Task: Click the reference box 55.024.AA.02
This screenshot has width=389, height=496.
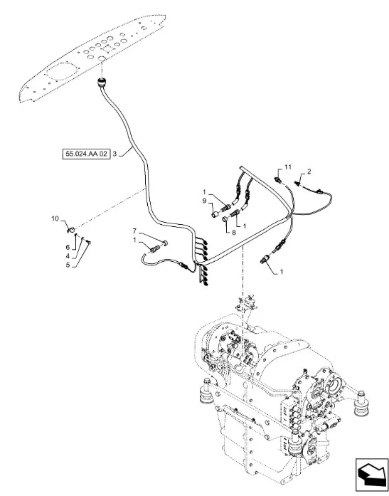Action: tap(86, 154)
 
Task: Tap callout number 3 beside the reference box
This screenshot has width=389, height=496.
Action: tap(114, 154)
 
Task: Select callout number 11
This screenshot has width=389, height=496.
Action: tap(287, 167)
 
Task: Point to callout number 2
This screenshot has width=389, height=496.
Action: tap(309, 171)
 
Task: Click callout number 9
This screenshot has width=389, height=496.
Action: tap(204, 201)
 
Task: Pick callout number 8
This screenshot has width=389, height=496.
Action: tap(234, 233)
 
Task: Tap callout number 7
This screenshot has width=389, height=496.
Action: tap(134, 231)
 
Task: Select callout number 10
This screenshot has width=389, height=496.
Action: tap(55, 218)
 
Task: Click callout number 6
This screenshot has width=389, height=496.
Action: tap(68, 248)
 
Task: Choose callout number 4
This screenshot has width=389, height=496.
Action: tap(68, 256)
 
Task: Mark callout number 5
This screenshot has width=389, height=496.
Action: tap(68, 265)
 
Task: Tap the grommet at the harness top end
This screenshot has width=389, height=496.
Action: tap(102, 83)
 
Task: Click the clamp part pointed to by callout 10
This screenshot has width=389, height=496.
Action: tap(71, 229)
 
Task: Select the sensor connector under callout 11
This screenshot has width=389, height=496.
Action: tap(278, 180)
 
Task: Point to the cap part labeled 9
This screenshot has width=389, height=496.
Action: tap(215, 215)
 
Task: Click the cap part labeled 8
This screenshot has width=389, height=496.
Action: tap(225, 219)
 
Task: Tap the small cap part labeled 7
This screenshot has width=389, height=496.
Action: tap(165, 243)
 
